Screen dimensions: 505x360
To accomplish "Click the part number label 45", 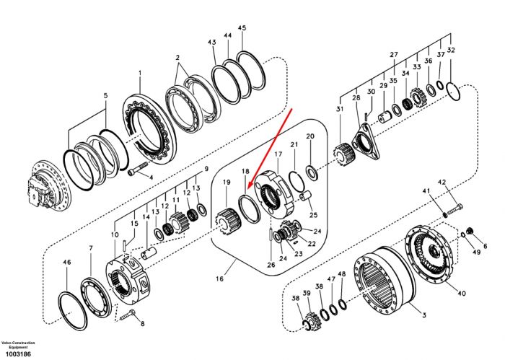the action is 242,28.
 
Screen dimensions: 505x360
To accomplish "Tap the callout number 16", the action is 219,279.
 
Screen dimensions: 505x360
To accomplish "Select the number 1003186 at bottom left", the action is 16,354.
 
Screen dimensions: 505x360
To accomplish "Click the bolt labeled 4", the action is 138,168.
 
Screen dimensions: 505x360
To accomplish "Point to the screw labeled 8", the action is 128,315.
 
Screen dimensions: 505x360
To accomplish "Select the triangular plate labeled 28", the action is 366,141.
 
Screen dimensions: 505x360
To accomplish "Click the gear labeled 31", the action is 346,154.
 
